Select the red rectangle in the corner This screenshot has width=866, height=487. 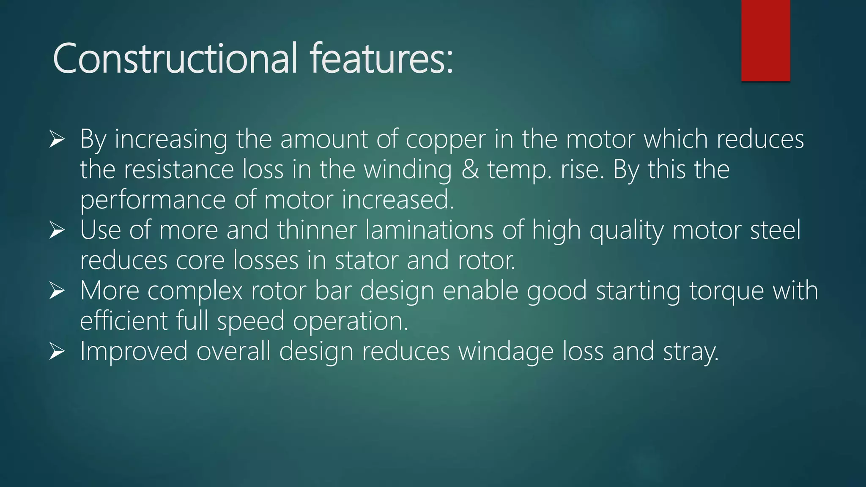click(765, 41)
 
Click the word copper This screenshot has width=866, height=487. click(446, 140)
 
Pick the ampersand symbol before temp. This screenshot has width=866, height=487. click(470, 170)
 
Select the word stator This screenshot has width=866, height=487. click(366, 260)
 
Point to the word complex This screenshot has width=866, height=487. click(195, 291)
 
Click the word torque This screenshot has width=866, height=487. click(726, 291)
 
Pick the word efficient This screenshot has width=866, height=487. click(123, 321)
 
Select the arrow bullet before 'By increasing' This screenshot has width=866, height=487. click(57, 139)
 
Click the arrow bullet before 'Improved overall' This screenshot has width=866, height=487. click(57, 351)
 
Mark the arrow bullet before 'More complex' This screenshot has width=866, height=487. click(57, 291)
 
